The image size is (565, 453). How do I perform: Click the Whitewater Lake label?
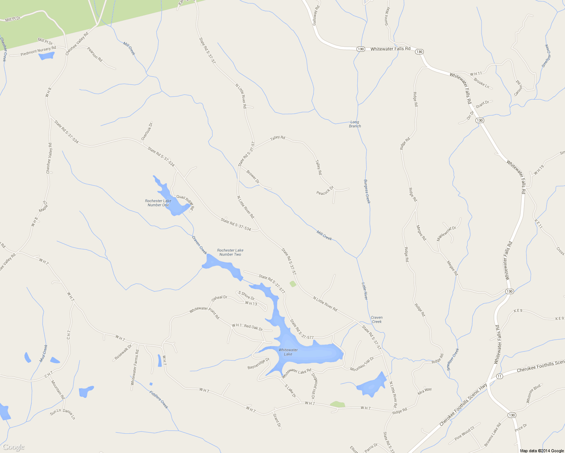[x=288, y=352]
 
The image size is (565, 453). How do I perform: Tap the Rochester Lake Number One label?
[x=158, y=203]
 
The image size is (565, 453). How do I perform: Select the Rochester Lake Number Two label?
[x=230, y=252]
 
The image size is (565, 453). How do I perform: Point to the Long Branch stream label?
[x=355, y=124]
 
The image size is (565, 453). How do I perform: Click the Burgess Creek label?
[x=367, y=191]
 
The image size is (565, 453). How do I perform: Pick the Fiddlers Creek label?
[x=159, y=399]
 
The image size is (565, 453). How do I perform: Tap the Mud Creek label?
[x=44, y=353]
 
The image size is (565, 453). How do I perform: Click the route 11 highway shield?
[x=500, y=376]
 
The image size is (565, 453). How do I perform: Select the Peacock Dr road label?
[x=325, y=191]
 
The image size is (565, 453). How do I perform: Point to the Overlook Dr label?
[x=147, y=131]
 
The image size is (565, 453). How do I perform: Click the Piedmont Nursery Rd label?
[x=38, y=51]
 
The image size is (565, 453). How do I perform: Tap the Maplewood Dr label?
[x=446, y=233]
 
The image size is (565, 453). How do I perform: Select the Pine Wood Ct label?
[x=464, y=433]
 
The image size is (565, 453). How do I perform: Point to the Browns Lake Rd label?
[x=492, y=434]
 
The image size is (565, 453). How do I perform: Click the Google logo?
[x=14, y=447]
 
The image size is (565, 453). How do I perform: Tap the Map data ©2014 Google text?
[x=542, y=451]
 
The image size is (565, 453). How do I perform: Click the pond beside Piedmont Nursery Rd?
[x=46, y=56]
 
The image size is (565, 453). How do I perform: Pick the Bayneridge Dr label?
[x=258, y=364]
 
